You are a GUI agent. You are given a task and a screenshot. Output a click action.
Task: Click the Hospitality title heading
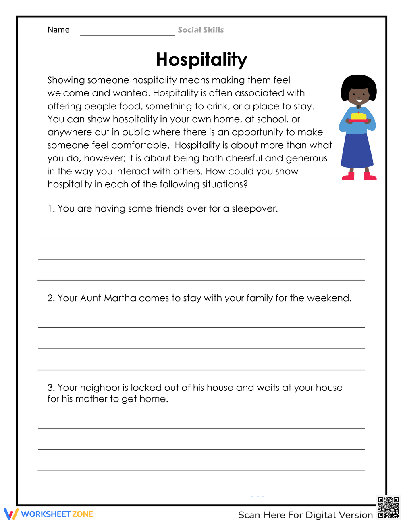click(201, 60)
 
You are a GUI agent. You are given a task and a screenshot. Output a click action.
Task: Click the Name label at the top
click(58, 30)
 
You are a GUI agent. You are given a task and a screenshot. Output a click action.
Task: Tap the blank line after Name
click(127, 32)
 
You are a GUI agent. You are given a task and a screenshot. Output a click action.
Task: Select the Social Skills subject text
click(201, 30)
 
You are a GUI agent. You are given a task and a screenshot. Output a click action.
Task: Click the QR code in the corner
click(388, 507)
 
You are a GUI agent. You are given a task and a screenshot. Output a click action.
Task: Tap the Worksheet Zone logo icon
click(11, 514)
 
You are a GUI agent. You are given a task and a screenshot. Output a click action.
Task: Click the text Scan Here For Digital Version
click(305, 515)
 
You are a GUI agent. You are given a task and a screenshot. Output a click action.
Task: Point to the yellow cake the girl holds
click(358, 117)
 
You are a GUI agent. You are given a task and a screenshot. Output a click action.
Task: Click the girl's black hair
click(359, 83)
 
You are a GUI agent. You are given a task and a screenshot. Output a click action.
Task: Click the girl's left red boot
click(348, 176)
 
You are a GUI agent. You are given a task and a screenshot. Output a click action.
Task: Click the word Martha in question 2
click(120, 298)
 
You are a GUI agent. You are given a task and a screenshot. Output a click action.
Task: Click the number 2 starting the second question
click(50, 298)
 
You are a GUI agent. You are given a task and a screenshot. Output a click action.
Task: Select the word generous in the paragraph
click(306, 159)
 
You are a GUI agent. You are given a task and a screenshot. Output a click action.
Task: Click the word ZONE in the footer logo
click(83, 514)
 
